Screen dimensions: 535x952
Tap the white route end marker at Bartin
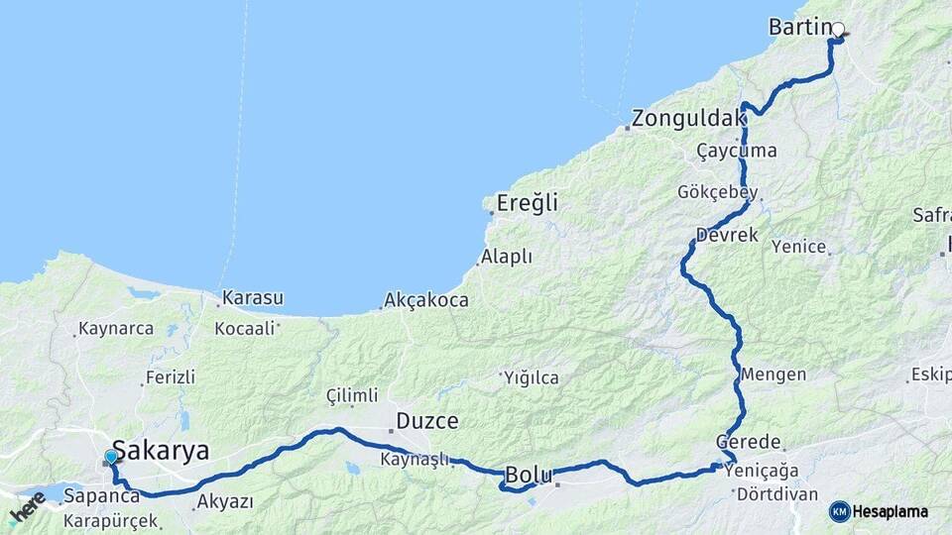pos(838,30)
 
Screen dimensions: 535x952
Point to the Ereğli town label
pos(527,203)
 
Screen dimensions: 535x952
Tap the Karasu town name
pos(253,297)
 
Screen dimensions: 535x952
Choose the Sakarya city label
pos(161,451)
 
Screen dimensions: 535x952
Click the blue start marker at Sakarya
pos(111,456)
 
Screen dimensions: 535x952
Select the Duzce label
pos(427,421)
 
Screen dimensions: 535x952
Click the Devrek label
pos(727,236)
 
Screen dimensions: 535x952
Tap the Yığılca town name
pos(532,377)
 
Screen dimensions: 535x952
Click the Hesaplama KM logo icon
pos(839,511)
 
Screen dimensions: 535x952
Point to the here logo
pos(27,510)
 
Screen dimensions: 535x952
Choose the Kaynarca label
pos(116,328)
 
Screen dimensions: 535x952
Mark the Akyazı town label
pos(225,501)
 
